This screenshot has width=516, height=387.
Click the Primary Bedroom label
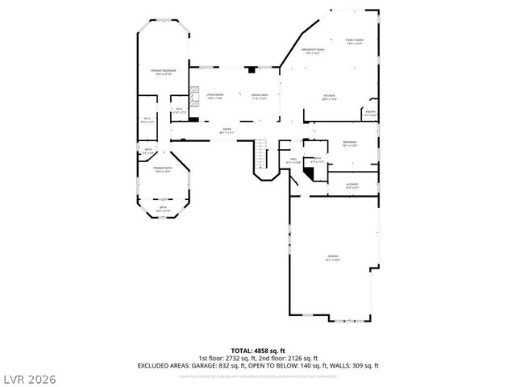point(164,72)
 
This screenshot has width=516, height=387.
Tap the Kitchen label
point(329,96)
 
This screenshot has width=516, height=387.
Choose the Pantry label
point(370,113)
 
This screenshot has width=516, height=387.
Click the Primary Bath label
point(164,169)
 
